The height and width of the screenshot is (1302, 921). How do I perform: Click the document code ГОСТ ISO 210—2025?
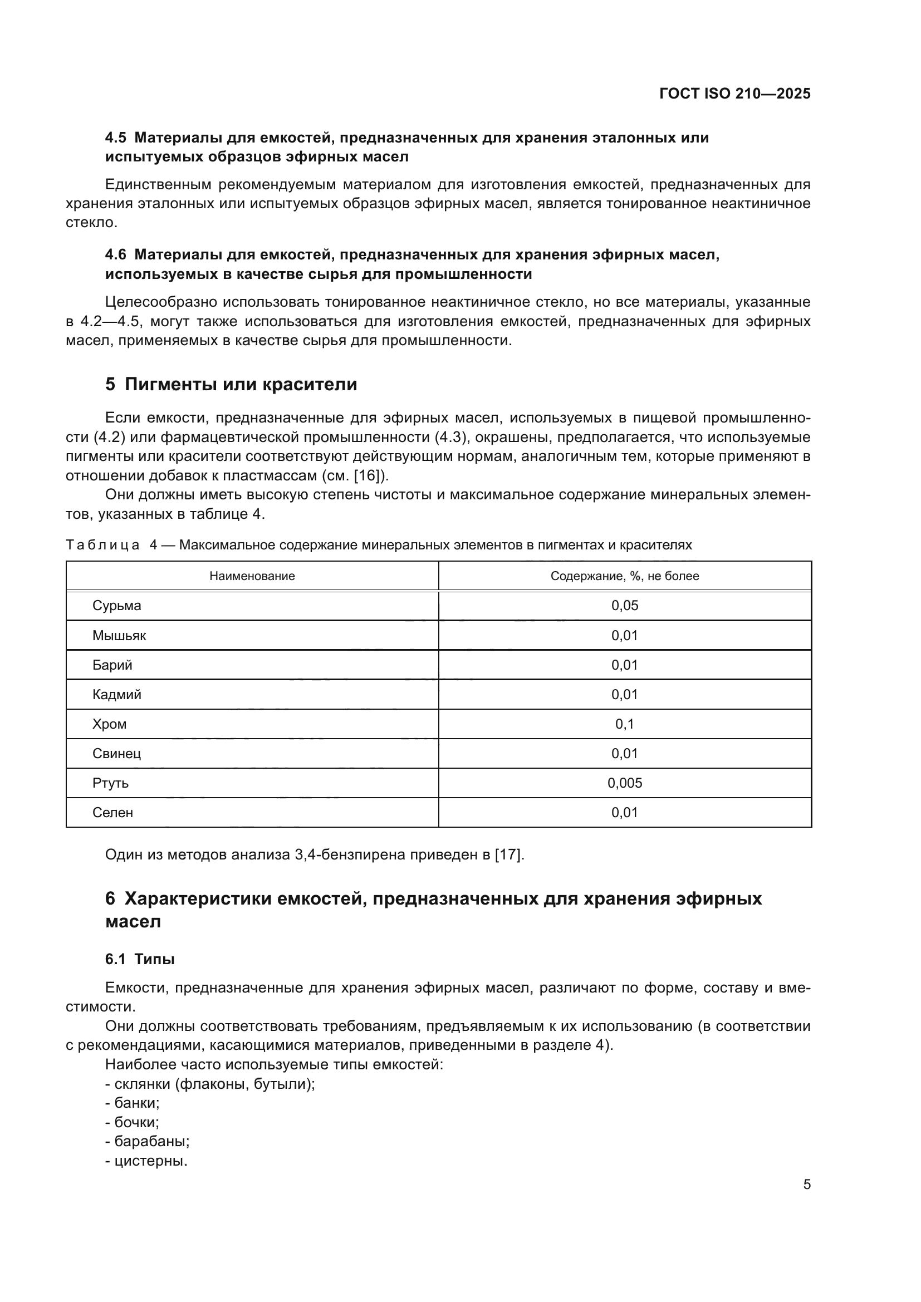pyautogui.click(x=734, y=94)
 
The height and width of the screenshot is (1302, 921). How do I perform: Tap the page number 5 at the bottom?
pyautogui.click(x=806, y=1184)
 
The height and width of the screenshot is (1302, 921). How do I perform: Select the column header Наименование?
pyautogui.click(x=252, y=576)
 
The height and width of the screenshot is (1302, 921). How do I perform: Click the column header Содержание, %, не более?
pyautogui.click(x=624, y=576)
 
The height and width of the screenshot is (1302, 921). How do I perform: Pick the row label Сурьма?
pyautogui.click(x=117, y=606)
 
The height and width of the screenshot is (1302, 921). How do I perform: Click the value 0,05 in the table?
pyautogui.click(x=624, y=606)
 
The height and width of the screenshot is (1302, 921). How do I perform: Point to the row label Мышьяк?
pyautogui.click(x=119, y=636)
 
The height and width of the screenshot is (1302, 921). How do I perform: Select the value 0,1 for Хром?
pyautogui.click(x=624, y=724)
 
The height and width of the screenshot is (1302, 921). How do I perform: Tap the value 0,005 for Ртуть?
pyautogui.click(x=624, y=783)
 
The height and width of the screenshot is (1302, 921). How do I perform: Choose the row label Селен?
pyautogui.click(x=113, y=813)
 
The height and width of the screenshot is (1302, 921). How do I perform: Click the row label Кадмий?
pyautogui.click(x=117, y=695)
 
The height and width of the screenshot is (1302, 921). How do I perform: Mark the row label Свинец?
pyautogui.click(x=117, y=754)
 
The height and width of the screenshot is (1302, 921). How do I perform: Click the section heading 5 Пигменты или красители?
pyautogui.click(x=231, y=385)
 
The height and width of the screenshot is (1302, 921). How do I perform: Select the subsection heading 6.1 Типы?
pyautogui.click(x=140, y=959)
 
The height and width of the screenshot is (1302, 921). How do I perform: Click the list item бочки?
pyautogui.click(x=136, y=1122)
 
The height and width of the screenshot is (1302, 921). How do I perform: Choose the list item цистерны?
pyautogui.click(x=150, y=1161)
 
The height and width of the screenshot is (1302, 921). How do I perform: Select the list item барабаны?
pyautogui.click(x=151, y=1142)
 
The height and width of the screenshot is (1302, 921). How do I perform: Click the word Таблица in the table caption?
pyautogui.click(x=102, y=545)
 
